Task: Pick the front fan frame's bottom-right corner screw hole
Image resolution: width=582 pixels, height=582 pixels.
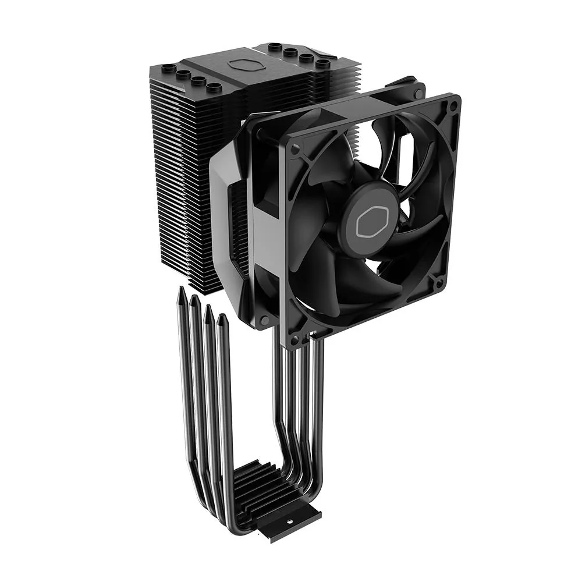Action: point(439,285)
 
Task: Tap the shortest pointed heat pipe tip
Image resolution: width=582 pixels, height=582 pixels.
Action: point(221,318)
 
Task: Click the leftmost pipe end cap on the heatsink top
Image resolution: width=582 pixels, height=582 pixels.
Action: point(168,69)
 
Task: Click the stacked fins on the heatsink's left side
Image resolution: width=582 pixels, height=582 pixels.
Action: point(175,175)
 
